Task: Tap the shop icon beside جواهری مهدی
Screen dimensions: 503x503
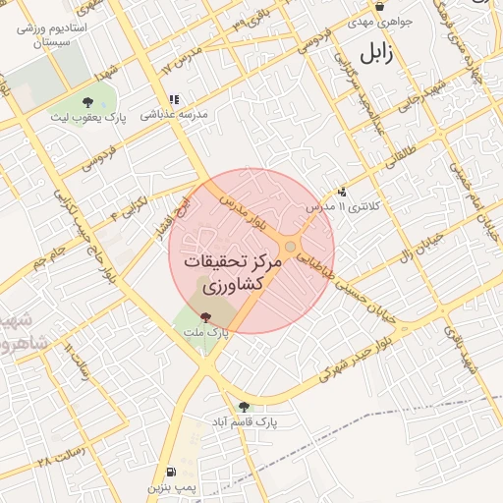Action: tap(379, 6)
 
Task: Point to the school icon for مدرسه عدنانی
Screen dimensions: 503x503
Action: tap(174, 99)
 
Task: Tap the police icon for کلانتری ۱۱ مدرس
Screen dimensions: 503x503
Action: tap(341, 193)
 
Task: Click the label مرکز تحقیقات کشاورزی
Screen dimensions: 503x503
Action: tap(238, 276)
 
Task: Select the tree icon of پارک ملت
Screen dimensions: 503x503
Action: tap(205, 316)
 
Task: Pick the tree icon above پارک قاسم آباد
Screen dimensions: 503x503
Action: tap(244, 406)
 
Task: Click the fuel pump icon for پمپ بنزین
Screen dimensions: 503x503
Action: tap(173, 472)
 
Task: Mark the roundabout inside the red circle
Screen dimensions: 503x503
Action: tap(291, 248)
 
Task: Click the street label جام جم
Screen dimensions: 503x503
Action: tap(44, 258)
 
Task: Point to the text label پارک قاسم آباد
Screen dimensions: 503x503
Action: tap(242, 421)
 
